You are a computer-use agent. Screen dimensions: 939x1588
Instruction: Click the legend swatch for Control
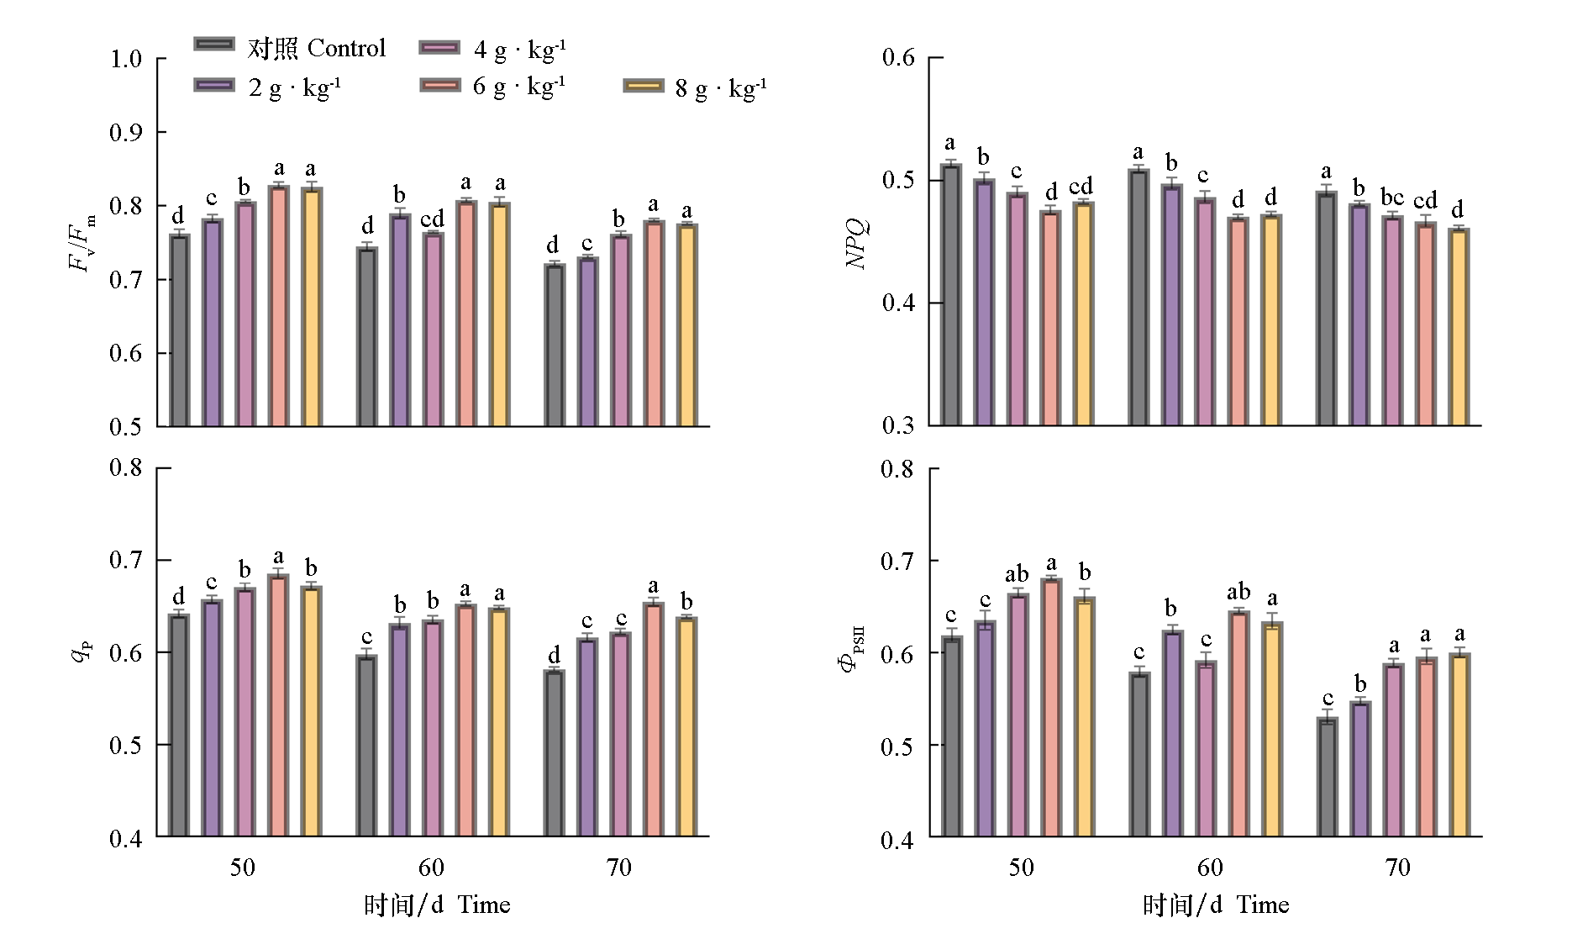tap(214, 45)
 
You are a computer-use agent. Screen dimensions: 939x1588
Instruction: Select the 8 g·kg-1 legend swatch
tap(644, 86)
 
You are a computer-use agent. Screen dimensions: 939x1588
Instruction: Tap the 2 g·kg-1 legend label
tap(294, 87)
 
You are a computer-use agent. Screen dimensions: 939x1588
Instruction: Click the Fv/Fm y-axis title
tap(82, 244)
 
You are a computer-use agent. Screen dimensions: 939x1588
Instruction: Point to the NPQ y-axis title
tap(856, 244)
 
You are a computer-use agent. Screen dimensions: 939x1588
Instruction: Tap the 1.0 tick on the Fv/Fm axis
tap(126, 60)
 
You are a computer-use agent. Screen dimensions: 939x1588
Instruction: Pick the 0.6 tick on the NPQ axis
tap(898, 58)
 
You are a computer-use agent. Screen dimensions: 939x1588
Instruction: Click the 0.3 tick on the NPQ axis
tap(898, 425)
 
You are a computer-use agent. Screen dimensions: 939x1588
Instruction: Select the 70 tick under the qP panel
tap(619, 868)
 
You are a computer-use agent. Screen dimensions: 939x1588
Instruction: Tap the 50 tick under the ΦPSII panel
tap(1021, 868)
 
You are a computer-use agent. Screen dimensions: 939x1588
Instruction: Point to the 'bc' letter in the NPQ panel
tap(1392, 198)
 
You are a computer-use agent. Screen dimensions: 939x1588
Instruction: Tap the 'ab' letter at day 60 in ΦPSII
tap(1238, 592)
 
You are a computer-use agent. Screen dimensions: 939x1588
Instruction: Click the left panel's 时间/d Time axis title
tap(437, 905)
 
